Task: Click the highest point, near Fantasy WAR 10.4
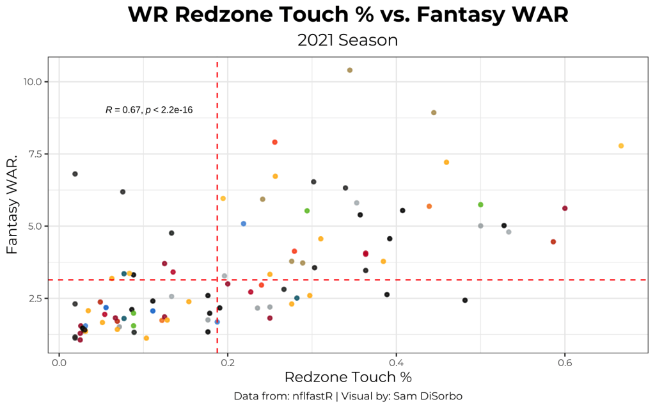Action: click(350, 70)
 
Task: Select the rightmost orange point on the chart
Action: click(621, 146)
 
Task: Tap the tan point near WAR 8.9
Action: click(434, 113)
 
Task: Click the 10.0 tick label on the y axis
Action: click(33, 82)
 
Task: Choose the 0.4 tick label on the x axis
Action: click(396, 362)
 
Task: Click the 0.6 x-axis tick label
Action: click(564, 362)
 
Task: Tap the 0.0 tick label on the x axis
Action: click(59, 362)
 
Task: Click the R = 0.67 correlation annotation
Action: click(149, 110)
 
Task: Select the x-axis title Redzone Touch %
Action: click(348, 377)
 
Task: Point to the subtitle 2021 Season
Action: click(347, 40)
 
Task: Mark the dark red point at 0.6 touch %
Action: click(565, 208)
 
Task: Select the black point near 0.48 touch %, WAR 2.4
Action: click(465, 300)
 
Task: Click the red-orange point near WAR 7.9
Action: click(275, 142)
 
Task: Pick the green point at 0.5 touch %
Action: click(480, 205)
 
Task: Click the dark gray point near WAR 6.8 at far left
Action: click(75, 174)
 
